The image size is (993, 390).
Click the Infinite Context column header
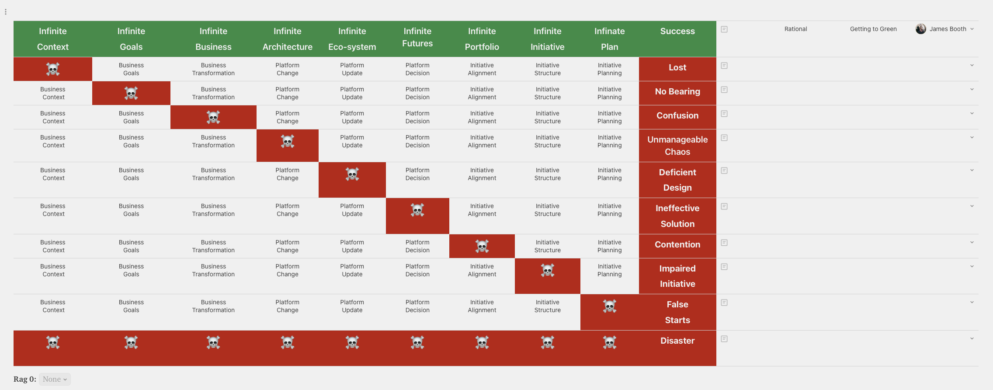(53, 39)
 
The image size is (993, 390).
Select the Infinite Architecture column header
(287, 39)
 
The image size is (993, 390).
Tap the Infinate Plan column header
(609, 39)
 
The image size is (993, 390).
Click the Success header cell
(677, 31)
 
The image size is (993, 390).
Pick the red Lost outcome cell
(677, 68)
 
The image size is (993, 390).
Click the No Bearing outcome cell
(677, 92)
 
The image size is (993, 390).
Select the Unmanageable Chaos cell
(677, 146)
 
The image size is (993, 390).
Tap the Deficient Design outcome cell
(677, 180)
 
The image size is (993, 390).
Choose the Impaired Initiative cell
(677, 276)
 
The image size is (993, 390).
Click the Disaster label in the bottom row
(677, 341)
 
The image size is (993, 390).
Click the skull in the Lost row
(53, 69)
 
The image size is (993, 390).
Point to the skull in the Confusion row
(213, 117)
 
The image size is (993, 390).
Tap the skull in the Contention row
(482, 247)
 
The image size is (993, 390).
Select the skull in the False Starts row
(610, 306)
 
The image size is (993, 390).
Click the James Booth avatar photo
(921, 29)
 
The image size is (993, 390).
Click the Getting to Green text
(873, 29)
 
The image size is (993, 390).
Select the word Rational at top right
(795, 29)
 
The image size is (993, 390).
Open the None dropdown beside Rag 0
(55, 379)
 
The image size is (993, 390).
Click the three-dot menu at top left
(6, 12)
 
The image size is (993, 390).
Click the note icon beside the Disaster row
(724, 339)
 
